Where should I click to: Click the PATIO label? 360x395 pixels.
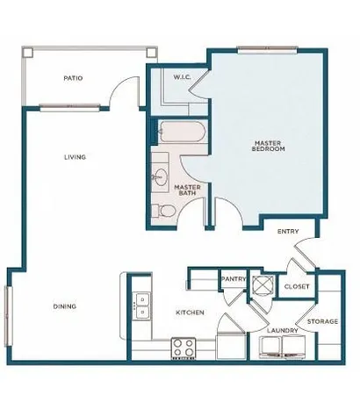point(73,78)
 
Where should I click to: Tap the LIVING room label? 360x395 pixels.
point(73,158)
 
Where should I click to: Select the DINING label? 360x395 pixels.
point(63,306)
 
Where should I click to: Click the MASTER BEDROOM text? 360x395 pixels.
point(266,146)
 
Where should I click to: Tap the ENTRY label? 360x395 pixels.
point(287,232)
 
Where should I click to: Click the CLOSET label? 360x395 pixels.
point(296,286)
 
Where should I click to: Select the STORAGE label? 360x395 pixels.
point(322,321)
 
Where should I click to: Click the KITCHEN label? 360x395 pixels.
point(190,312)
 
